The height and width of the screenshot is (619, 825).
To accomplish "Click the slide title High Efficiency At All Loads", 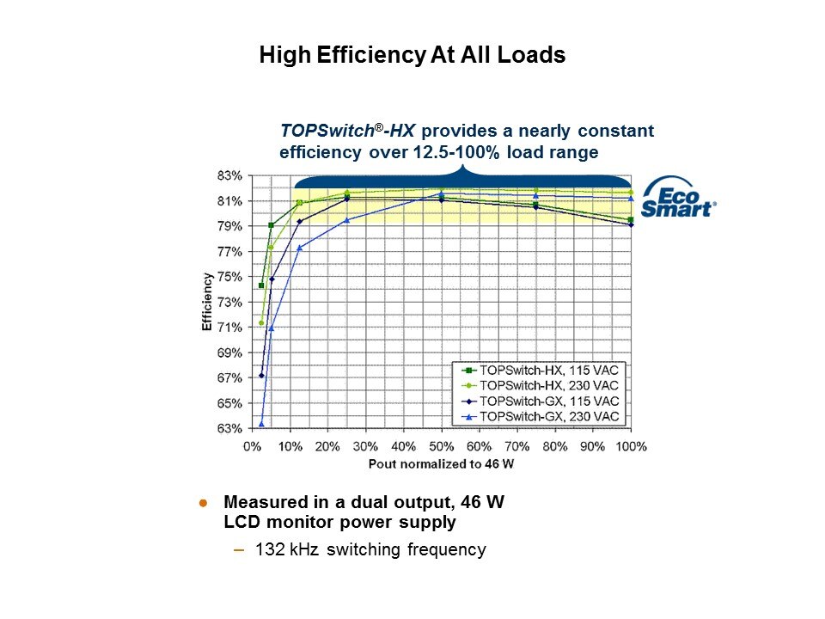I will [412, 56].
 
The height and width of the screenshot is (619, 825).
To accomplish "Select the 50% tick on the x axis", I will [442, 447].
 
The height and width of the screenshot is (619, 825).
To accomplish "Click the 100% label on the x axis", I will [632, 447].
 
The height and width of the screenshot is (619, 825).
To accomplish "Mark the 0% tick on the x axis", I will [253, 447].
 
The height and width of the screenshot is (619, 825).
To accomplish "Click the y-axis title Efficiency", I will [207, 303].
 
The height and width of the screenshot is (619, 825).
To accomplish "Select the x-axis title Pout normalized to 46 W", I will [441, 464].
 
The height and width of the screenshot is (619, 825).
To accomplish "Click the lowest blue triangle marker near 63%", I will [261, 424].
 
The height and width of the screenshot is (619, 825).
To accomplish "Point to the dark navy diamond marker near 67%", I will [261, 376].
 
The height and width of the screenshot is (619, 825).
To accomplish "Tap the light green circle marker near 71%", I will [261, 323].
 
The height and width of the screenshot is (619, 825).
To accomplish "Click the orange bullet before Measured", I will [204, 502].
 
